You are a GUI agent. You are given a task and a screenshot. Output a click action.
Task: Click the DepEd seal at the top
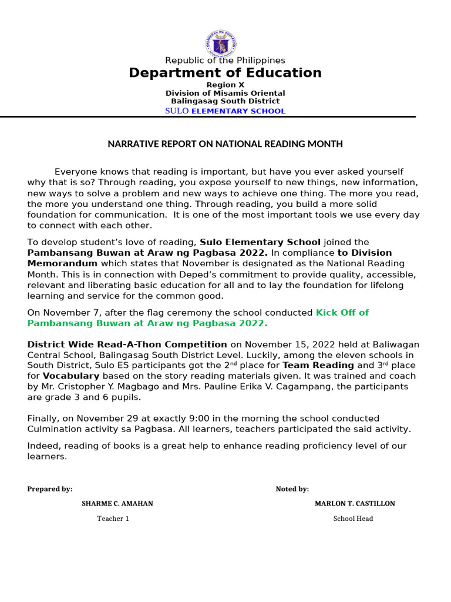[225, 43]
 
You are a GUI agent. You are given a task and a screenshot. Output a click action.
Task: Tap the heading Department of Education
[225, 73]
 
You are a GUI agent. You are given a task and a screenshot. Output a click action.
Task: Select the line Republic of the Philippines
[225, 61]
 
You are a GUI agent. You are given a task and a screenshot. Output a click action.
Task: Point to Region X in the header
[225, 85]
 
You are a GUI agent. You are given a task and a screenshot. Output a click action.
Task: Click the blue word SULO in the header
[177, 111]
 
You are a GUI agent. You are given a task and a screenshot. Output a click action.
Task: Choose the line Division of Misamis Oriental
[225, 93]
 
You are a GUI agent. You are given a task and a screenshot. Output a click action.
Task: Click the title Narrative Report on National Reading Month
[225, 144]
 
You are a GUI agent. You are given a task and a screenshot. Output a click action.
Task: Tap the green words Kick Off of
[342, 313]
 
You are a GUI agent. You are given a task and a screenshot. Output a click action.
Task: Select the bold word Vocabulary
[71, 376]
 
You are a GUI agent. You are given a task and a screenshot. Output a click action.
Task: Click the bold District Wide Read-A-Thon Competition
[127, 345]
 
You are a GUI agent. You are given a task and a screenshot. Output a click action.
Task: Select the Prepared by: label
[50, 489]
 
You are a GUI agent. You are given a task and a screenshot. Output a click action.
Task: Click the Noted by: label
[292, 489]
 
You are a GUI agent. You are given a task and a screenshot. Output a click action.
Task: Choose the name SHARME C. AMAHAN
[117, 504]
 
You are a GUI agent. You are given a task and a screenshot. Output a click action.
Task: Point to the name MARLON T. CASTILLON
[355, 504]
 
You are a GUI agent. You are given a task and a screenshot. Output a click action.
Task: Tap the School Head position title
[353, 519]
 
